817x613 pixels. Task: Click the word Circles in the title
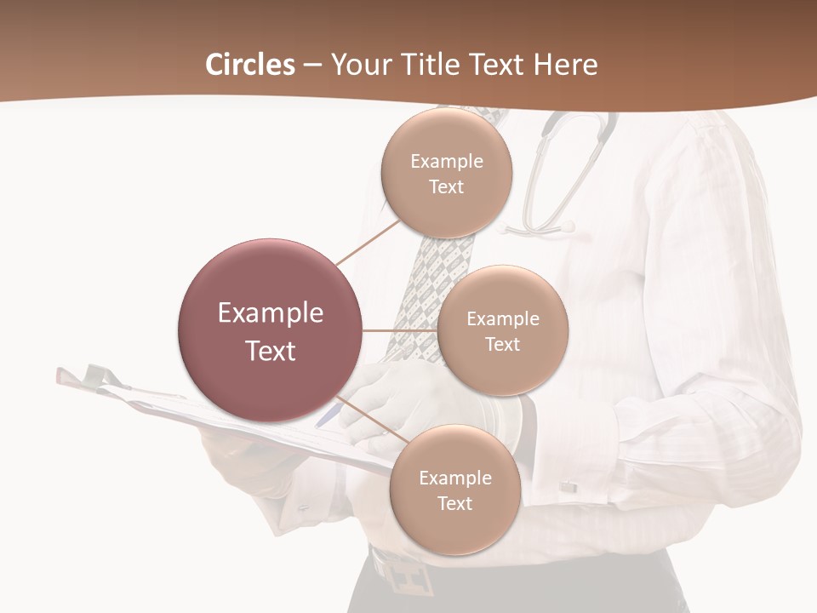250,65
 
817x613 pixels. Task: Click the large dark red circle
269,330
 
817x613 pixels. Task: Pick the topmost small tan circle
446,173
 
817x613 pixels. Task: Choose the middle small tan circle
502,330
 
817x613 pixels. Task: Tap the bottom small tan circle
454,490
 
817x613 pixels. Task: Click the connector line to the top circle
368,242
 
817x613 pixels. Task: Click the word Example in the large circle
270,313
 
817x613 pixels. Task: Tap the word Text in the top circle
446,186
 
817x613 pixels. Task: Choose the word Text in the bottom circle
454,503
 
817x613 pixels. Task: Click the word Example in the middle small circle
502,318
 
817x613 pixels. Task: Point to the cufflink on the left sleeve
305,509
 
